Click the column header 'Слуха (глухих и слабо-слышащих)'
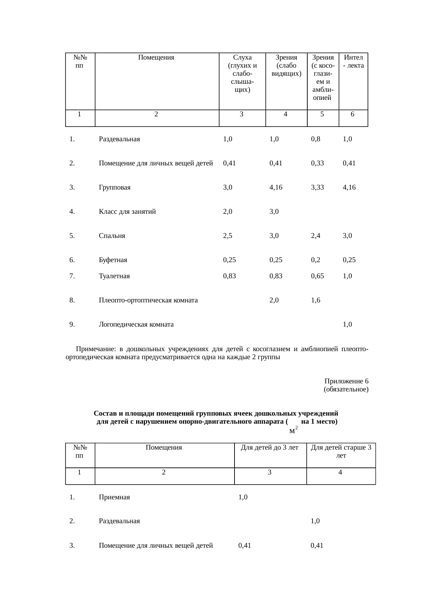(242, 73)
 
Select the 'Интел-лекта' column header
(353, 61)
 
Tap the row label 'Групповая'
(114, 187)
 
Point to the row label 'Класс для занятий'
(127, 212)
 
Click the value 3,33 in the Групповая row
(317, 187)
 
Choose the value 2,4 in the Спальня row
(315, 236)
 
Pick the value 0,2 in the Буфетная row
(315, 260)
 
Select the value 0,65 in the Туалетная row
(317, 276)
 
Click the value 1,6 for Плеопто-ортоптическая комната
(315, 300)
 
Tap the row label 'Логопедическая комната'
(136, 324)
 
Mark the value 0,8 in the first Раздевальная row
(315, 139)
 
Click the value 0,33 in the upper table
(317, 163)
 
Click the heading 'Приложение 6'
(346, 381)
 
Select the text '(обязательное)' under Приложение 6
(346, 389)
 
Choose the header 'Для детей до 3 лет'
(269, 447)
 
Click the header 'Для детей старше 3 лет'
(341, 451)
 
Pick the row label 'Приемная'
(114, 497)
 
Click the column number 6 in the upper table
(352, 114)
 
